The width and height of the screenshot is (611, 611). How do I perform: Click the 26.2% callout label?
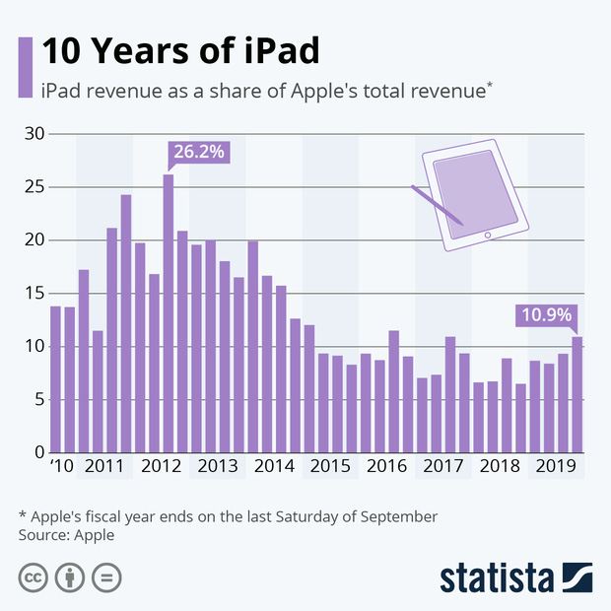pos(200,153)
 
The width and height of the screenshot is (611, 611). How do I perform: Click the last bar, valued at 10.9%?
pos(577,394)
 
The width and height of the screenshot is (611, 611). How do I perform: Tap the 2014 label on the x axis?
pos(273,467)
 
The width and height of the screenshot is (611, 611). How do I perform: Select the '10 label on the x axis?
pos(62,467)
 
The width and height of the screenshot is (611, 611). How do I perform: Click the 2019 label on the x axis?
pos(556,467)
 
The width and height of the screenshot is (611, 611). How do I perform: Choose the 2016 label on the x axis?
pos(386,467)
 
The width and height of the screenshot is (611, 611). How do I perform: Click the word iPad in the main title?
pos(274,49)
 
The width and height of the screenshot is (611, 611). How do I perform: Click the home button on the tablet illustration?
pos(487,235)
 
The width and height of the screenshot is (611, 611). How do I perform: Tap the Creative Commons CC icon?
pos(34,577)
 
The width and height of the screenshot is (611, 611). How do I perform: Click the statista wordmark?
pos(497,577)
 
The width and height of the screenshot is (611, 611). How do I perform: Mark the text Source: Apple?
pos(66,535)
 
